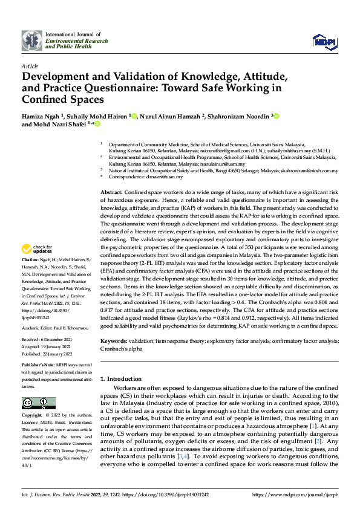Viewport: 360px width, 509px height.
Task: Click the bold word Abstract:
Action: point(111,191)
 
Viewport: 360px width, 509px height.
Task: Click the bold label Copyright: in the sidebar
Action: point(32,415)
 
